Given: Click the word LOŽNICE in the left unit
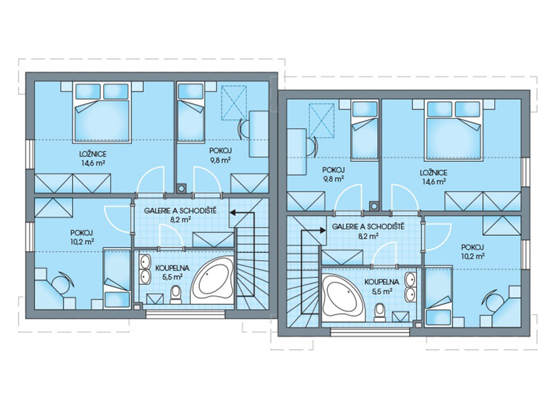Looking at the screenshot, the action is (93, 154).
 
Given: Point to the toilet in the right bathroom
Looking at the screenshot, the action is (380, 312).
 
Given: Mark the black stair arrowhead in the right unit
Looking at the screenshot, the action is (323, 230).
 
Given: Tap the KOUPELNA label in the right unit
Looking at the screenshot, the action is (382, 282).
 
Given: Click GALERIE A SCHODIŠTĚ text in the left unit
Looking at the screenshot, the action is (180, 211).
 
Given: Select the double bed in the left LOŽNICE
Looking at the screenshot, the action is (102, 113).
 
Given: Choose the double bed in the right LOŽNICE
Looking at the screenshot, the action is (453, 130).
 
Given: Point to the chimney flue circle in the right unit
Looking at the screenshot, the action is (374, 206).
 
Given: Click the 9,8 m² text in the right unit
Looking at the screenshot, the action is (334, 179).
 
